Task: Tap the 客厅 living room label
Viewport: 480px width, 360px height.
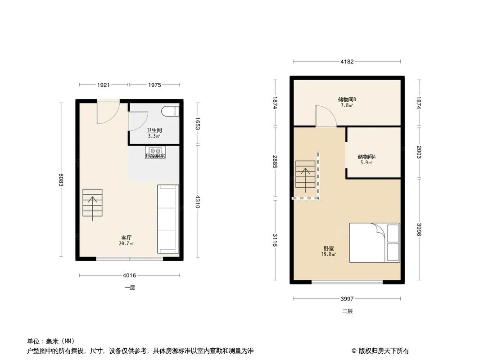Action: (127, 238)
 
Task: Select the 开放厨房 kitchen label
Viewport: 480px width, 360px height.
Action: (155, 156)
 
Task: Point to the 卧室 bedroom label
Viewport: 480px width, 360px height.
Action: (329, 248)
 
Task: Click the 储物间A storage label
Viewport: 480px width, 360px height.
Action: (367, 157)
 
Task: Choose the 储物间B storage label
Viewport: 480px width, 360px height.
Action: (347, 99)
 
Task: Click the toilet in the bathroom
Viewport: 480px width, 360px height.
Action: (171, 110)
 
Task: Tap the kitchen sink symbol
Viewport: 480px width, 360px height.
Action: (155, 150)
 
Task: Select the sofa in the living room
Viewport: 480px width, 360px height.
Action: (168, 219)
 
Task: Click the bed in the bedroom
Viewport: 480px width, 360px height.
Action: (374, 243)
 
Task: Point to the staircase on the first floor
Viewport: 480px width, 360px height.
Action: (93, 205)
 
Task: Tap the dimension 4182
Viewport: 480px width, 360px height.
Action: (347, 62)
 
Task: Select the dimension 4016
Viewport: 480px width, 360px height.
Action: (130, 275)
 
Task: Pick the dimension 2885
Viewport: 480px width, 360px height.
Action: (275, 162)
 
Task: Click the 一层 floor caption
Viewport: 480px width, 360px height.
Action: (130, 288)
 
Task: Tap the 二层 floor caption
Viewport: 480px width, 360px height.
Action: (347, 311)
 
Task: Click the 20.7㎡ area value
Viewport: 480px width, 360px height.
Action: (127, 243)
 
